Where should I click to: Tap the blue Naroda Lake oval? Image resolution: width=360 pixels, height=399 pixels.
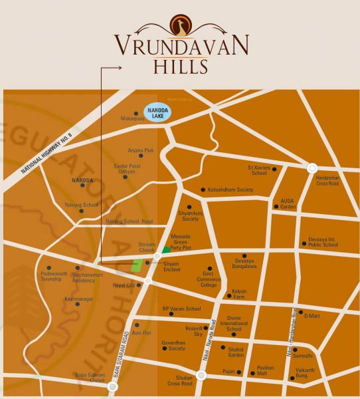(157, 112)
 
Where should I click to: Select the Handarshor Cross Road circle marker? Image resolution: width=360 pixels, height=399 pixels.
(312, 169)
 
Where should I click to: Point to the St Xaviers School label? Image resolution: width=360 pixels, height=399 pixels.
(259, 170)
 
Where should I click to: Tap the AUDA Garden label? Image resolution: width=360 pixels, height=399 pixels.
(288, 203)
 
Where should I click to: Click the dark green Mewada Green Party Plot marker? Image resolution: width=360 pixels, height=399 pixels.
(166, 250)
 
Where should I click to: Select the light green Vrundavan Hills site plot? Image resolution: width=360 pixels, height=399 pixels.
(137, 265)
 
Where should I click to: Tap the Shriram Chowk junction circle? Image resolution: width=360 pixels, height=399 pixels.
(157, 255)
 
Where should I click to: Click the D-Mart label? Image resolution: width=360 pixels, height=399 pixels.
(312, 316)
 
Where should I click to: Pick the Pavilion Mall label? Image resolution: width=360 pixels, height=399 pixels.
(265, 370)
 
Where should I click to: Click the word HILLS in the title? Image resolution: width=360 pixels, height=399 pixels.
(181, 66)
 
